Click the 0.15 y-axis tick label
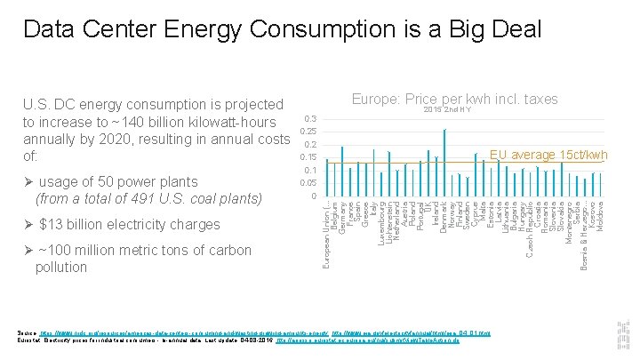[x=308, y=157]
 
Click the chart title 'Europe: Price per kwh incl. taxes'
[x=454, y=100]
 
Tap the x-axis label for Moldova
[x=601, y=217]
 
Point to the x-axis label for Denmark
[x=444, y=219]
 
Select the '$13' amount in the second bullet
[x=51, y=224]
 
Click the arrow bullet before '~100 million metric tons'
[x=28, y=251]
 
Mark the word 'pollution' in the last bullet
[x=62, y=267]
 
